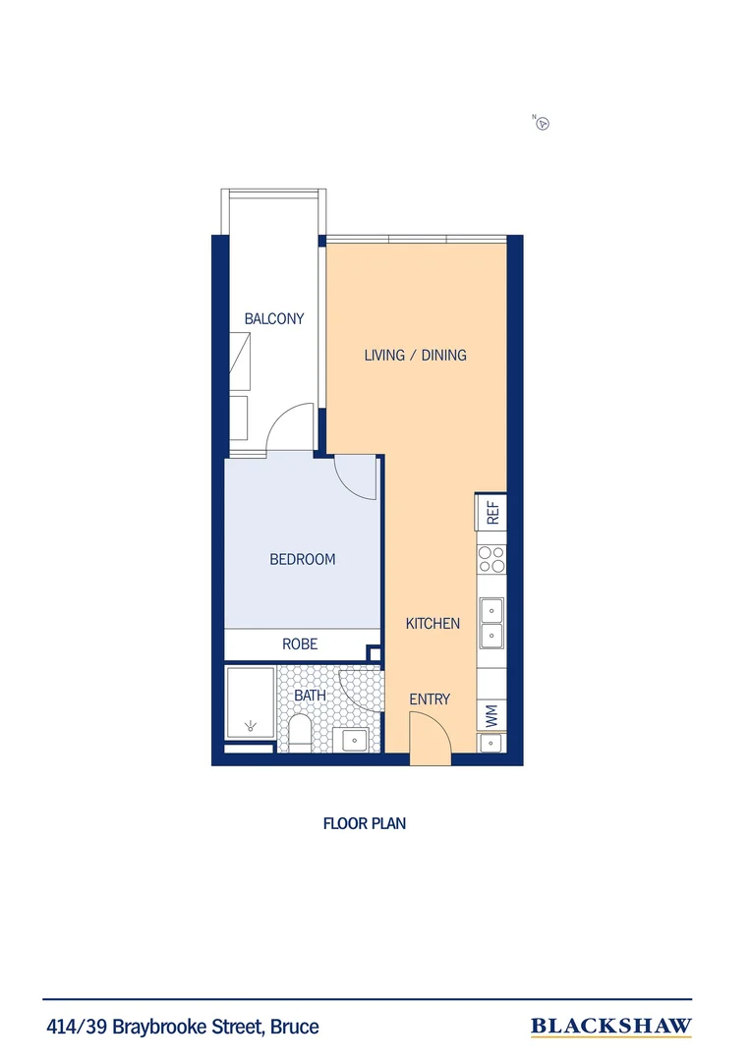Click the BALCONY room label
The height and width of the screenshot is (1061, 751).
pos(274,319)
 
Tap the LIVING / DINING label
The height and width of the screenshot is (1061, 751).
pos(415,355)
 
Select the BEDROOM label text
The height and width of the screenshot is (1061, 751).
pos(303,559)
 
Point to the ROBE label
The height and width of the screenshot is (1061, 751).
pos(300,644)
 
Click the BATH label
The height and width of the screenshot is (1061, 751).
pos(310,696)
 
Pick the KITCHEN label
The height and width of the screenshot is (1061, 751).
pos(433,623)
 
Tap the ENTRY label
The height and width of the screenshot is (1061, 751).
pos(430,699)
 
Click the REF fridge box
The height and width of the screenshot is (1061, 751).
pos(491,511)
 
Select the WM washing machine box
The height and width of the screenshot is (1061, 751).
pos(491,716)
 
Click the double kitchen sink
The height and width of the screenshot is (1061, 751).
pos(491,623)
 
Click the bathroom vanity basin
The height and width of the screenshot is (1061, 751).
pos(350,740)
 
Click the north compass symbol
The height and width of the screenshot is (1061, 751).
pos(542,123)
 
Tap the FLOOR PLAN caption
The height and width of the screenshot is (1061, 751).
pos(364,823)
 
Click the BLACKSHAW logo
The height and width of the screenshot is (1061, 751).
pos(610,1027)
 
